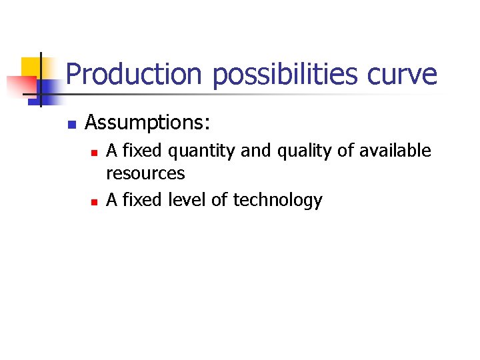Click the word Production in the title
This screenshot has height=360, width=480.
click(x=133, y=74)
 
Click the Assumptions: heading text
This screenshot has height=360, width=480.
click(x=147, y=123)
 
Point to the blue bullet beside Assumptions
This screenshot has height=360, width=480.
click(x=73, y=125)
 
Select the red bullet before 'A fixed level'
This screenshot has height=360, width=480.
click(x=94, y=201)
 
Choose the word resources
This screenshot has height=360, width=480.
click(x=145, y=174)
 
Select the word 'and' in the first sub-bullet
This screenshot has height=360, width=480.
click(x=253, y=151)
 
